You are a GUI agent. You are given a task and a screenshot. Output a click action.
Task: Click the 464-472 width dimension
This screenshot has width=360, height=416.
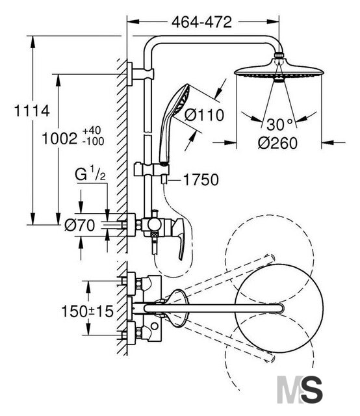click(x=201, y=22)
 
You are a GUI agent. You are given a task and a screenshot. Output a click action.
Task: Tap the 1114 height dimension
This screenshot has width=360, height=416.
click(x=32, y=110)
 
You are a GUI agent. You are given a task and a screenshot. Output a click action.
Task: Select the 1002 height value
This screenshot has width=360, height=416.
click(x=59, y=138)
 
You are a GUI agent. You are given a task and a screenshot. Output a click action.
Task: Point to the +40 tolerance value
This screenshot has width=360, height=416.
click(x=92, y=131)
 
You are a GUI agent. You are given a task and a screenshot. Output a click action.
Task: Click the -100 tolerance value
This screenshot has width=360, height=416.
click(x=93, y=142)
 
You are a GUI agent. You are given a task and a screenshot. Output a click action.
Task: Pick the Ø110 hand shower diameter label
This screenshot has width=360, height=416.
click(x=204, y=116)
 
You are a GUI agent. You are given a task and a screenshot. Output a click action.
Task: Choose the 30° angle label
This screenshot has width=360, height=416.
click(x=279, y=124)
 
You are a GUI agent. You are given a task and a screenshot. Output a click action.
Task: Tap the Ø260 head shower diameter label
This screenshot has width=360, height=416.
click(x=277, y=143)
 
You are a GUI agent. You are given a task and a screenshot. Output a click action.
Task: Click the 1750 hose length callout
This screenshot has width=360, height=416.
click(x=201, y=180)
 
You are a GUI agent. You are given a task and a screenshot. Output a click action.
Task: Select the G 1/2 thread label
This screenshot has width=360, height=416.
click(x=90, y=174)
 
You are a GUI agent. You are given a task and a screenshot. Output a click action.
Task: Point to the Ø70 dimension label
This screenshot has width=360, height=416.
click(x=79, y=226)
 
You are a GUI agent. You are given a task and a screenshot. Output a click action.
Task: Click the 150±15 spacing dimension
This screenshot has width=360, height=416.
click(x=87, y=311)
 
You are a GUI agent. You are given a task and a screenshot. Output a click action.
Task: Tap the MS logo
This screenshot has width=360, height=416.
click(x=300, y=389)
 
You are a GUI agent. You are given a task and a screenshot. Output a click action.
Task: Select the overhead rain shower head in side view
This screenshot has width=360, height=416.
click(x=279, y=70)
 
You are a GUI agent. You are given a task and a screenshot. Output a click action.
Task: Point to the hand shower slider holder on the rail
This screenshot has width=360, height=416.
click(x=151, y=170)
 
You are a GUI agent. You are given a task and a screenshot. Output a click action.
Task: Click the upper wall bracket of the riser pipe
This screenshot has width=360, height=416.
click(x=140, y=74)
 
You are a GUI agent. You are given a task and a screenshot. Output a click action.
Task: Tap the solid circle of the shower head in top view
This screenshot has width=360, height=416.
click(x=279, y=308)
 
